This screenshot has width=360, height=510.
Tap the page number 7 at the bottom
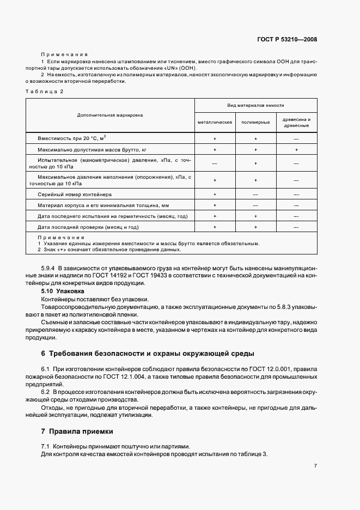pyautogui.click(x=315, y=466)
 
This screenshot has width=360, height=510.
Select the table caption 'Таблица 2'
pyautogui.click(x=45, y=91)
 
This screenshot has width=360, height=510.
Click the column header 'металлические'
pyautogui.click(x=215, y=123)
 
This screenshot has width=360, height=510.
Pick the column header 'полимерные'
pyautogui.click(x=255, y=123)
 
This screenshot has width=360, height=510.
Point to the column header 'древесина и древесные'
pyautogui.click(x=296, y=123)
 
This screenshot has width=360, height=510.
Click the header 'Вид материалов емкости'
pyautogui.click(x=255, y=105)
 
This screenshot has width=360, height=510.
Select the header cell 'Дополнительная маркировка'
pyautogui.click(x=110, y=116)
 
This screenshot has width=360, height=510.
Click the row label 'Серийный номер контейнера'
pyautogui.click(x=75, y=194)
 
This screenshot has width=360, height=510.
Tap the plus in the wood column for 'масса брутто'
pyautogui.click(x=296, y=149)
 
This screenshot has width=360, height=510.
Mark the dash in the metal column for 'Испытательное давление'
pyautogui.click(x=215, y=163)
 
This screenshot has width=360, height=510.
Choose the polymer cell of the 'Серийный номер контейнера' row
pyautogui.click(x=255, y=194)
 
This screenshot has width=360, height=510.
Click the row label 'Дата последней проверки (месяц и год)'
pyautogui.click(x=88, y=227)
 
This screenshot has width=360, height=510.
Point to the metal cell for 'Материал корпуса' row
pyautogui.click(x=215, y=205)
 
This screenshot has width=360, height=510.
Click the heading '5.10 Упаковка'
pyautogui.click(x=59, y=292)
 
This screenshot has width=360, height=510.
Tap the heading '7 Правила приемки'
pyautogui.click(x=77, y=432)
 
